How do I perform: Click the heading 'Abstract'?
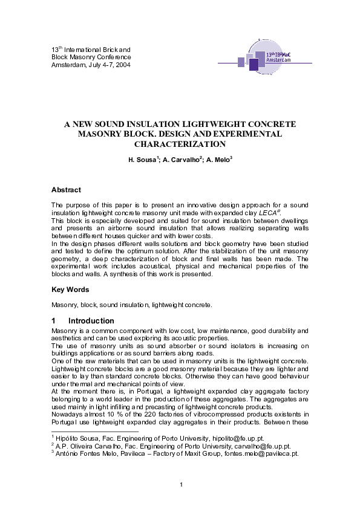coord(66,190)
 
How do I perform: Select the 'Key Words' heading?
coord(70,290)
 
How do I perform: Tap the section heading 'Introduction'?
coord(91,320)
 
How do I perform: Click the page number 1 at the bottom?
coord(181,484)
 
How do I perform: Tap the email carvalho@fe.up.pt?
coord(235,445)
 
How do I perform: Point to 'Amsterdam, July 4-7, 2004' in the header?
coord(90,64)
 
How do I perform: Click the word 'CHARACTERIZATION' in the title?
coord(180,144)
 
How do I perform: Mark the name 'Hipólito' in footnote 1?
coord(68,436)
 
